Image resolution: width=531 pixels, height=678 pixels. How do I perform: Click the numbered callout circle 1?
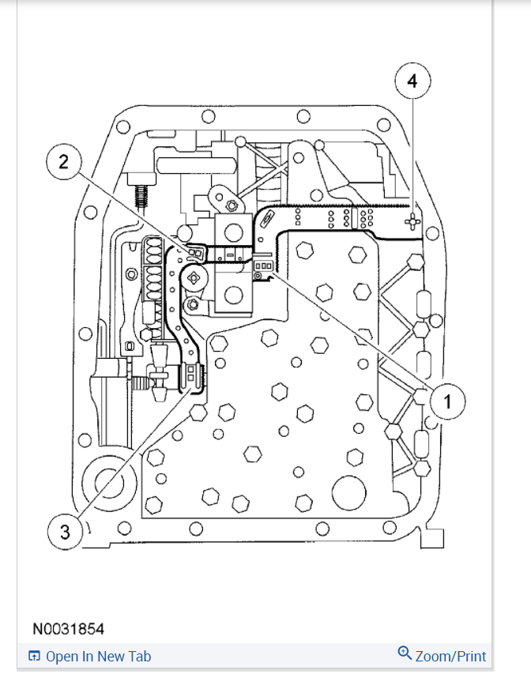[x=447, y=401]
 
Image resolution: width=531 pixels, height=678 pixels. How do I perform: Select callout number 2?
[x=63, y=163]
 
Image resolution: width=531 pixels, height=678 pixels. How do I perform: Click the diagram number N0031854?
[x=68, y=630]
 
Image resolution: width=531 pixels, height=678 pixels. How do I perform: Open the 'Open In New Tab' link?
[x=98, y=657]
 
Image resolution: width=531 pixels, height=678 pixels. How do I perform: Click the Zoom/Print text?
[x=450, y=656]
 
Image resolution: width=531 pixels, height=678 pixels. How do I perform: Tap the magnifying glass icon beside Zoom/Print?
[x=405, y=654]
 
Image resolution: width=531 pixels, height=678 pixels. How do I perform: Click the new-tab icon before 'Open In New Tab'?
[x=34, y=657]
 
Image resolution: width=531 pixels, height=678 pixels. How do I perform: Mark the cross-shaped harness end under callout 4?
[x=411, y=221]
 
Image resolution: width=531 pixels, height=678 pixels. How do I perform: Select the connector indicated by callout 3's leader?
[x=193, y=377]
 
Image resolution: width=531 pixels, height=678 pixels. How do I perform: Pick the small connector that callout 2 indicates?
[x=192, y=254]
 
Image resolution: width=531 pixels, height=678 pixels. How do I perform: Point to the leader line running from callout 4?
[x=412, y=150]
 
